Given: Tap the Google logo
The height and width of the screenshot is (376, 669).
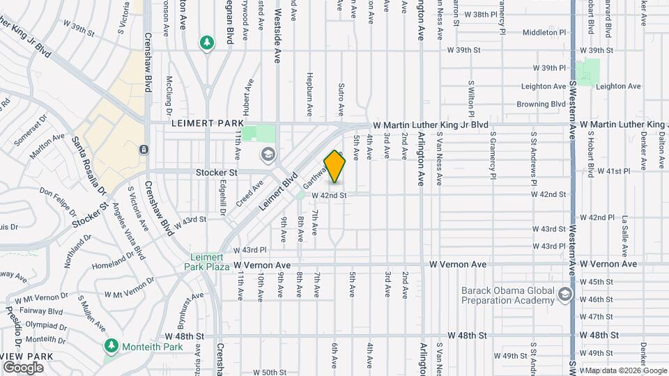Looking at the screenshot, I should pyautogui.click(x=24, y=368).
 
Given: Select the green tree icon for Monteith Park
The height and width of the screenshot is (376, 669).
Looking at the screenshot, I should pyautogui.click(x=111, y=346).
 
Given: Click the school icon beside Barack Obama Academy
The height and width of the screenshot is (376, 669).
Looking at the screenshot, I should pyautogui.click(x=564, y=297).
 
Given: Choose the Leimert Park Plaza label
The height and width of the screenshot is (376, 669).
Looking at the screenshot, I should pyautogui.click(x=208, y=260).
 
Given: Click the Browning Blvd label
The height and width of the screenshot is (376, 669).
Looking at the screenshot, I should pyautogui.click(x=541, y=104).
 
